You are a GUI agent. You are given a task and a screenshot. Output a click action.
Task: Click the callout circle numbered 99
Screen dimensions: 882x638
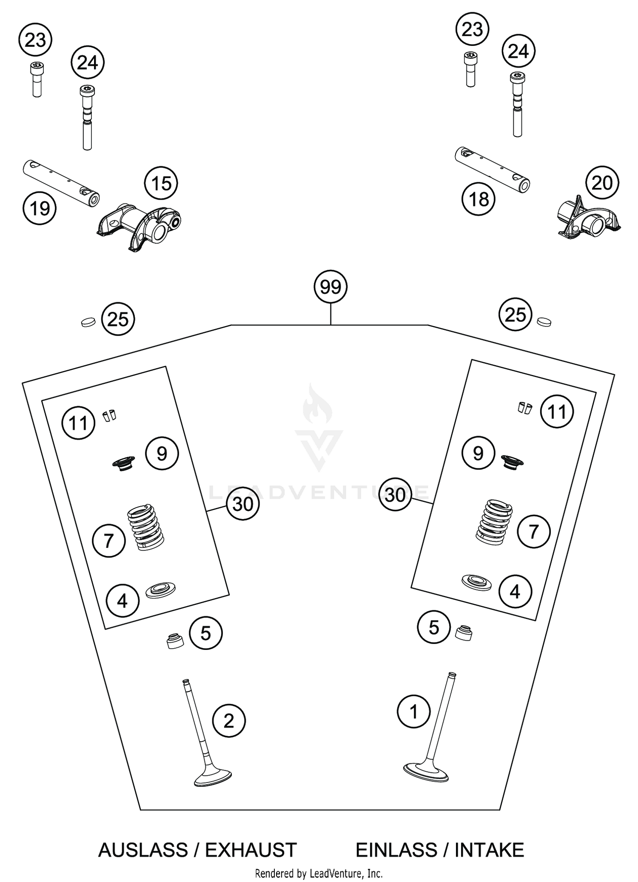pyautogui.click(x=330, y=287)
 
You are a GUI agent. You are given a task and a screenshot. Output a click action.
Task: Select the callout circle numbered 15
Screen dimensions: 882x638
pyautogui.click(x=161, y=184)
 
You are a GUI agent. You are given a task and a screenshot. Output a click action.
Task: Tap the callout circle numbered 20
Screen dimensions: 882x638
pyautogui.click(x=602, y=183)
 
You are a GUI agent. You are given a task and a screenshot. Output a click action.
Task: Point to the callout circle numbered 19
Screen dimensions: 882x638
pyautogui.click(x=40, y=209)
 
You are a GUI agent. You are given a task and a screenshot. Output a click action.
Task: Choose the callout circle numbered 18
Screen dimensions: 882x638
pyautogui.click(x=479, y=199)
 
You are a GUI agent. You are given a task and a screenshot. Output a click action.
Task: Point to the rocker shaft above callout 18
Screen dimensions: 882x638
pyautogui.click(x=492, y=169)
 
